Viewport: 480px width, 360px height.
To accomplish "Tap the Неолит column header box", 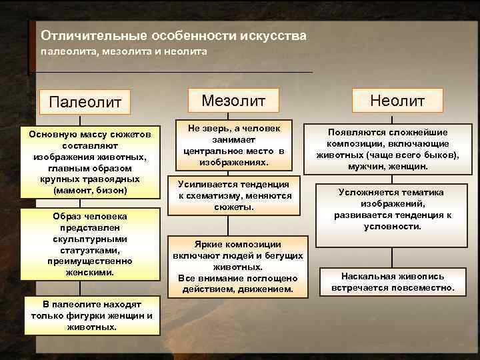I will tap(398, 101).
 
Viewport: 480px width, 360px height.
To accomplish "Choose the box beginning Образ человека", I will tap(90, 245).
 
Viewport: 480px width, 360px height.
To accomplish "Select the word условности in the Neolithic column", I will tap(392, 226).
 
